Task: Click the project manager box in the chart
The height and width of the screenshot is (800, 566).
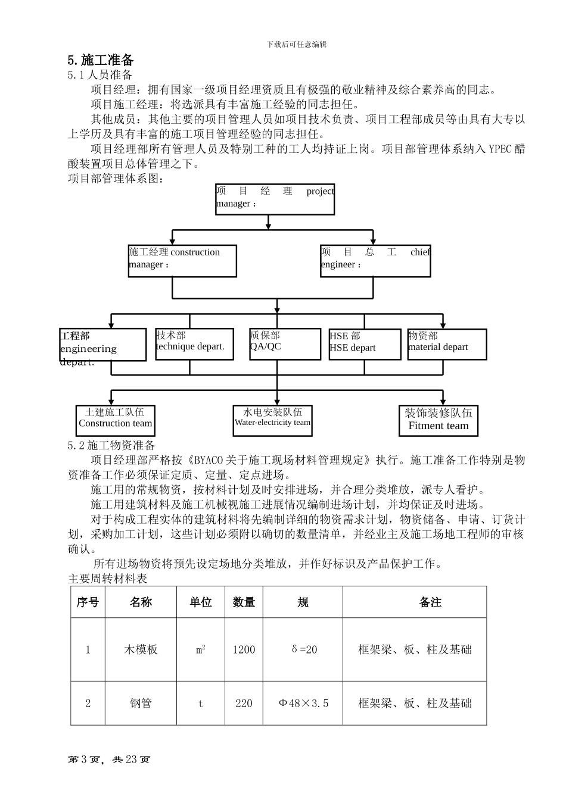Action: tap(275, 199)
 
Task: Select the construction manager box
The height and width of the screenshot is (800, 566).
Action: tap(182, 261)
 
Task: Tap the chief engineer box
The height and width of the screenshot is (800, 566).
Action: tap(375, 261)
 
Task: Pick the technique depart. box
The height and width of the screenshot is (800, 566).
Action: tap(194, 344)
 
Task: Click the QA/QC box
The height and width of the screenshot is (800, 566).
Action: tap(285, 344)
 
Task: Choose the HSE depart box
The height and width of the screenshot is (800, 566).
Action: tap(365, 344)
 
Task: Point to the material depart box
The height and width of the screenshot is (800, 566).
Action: tap(443, 344)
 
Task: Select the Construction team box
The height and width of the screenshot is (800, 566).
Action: tap(115, 420)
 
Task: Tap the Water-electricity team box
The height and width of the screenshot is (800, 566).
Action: tap(272, 420)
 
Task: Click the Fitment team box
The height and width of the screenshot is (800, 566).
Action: tap(439, 421)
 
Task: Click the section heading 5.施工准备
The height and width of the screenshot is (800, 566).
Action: tap(101, 60)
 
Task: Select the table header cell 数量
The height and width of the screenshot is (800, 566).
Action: tap(244, 602)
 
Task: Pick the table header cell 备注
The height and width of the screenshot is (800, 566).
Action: tap(430, 602)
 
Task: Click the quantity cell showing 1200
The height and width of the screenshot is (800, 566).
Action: tap(244, 649)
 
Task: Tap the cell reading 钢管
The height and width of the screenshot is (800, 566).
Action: tap(141, 703)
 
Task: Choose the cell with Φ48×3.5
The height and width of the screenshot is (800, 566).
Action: tap(303, 703)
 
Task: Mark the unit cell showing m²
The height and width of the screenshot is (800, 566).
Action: tap(201, 649)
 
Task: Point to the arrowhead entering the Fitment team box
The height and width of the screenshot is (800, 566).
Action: tap(443, 402)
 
